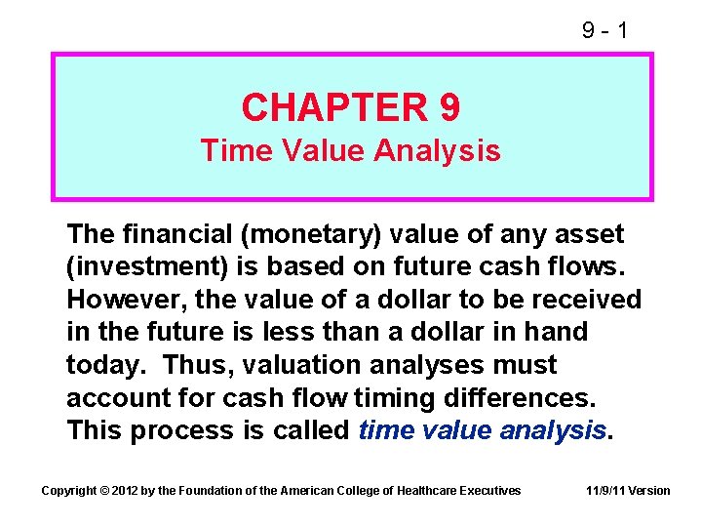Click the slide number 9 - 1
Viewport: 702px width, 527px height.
pyautogui.click(x=604, y=30)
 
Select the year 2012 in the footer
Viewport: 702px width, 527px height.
pyautogui.click(x=126, y=490)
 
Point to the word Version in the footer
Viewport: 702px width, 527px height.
pyautogui.click(x=649, y=490)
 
